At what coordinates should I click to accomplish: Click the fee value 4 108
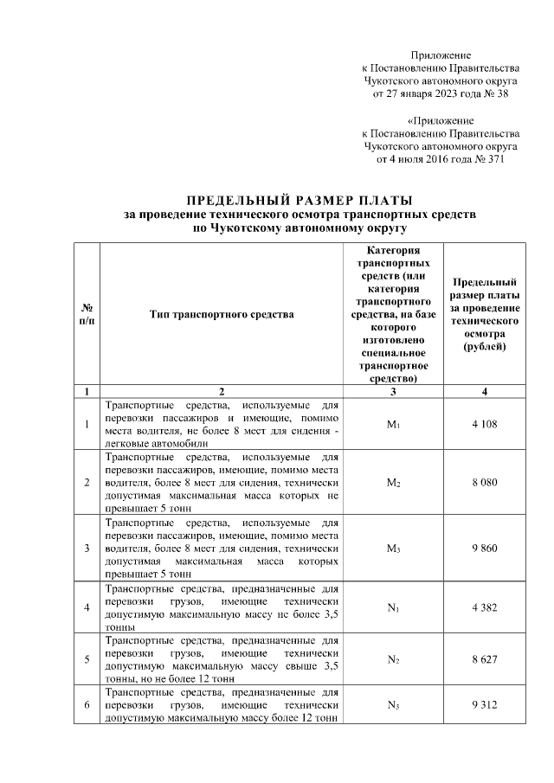click(x=485, y=424)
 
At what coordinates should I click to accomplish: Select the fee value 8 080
click(x=485, y=481)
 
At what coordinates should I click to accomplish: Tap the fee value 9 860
click(x=485, y=548)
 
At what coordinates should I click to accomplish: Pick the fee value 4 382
click(x=485, y=607)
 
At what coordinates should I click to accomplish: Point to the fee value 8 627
click(x=485, y=659)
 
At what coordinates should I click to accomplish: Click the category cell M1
click(x=393, y=424)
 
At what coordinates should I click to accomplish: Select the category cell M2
click(x=393, y=481)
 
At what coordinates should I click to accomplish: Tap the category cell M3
click(x=393, y=548)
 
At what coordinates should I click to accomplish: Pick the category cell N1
click(x=393, y=607)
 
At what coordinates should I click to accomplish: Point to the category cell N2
click(x=393, y=659)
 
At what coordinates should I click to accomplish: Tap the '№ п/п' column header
click(x=87, y=315)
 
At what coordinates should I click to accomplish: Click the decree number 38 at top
click(x=501, y=93)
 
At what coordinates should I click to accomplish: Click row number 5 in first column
click(x=87, y=659)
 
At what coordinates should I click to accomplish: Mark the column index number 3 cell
click(x=393, y=392)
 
